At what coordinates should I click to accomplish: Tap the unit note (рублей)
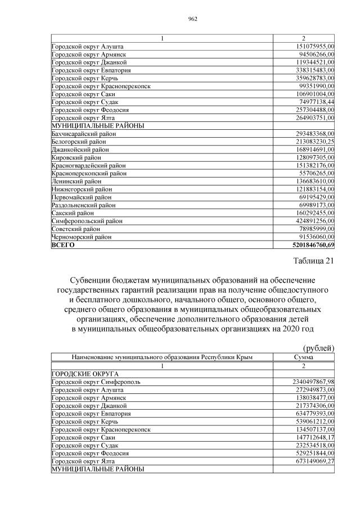[318, 348]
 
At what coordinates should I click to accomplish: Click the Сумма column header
[304, 357]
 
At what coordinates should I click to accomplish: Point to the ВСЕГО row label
[63, 245]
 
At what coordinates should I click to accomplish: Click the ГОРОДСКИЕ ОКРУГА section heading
[85, 373]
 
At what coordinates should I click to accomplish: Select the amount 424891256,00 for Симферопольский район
[309, 221]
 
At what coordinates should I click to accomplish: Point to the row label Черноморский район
[81, 237]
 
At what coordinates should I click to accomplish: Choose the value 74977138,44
[310, 102]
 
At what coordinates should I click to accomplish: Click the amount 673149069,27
[308, 460]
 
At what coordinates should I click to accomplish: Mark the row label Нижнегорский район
[82, 189]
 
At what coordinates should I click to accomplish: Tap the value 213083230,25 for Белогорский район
[309, 142]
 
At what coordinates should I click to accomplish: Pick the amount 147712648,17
[308, 437]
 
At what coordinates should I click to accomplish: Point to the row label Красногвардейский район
[88, 166]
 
